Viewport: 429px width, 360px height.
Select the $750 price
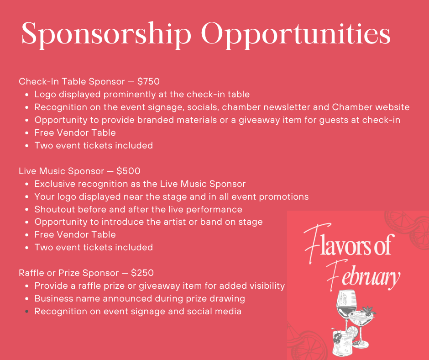(148, 82)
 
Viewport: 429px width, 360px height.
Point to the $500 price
(128, 171)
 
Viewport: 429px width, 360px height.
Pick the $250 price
(142, 273)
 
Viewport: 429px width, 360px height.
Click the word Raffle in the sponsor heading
(31, 273)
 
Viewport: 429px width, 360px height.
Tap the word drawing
(227, 299)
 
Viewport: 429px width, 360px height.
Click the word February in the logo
(362, 276)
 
